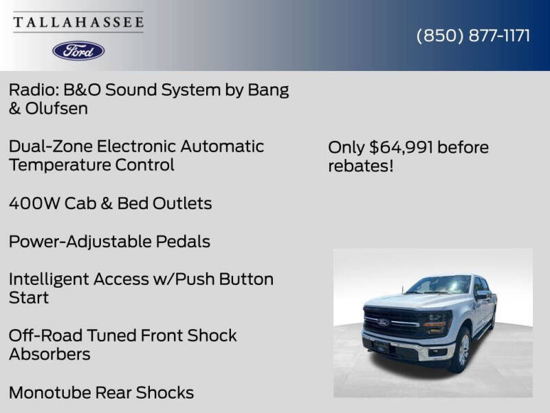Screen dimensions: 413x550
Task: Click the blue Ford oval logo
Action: coord(78,50)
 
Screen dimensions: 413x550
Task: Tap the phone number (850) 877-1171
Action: coord(473,36)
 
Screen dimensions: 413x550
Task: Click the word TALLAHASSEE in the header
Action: coord(78,22)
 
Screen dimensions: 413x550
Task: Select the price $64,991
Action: coord(401,147)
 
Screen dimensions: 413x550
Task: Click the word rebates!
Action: coord(361,167)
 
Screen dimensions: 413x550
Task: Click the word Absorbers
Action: coord(49,354)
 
